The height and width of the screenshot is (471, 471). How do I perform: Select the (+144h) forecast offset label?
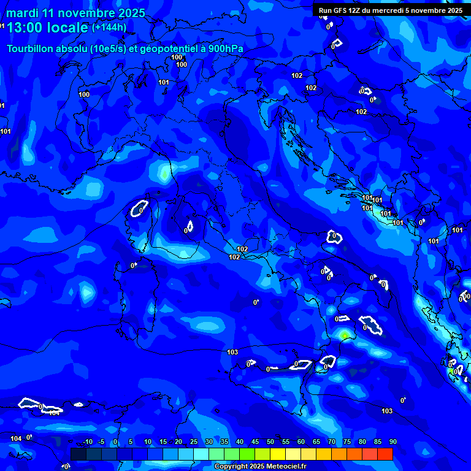[x=109, y=27]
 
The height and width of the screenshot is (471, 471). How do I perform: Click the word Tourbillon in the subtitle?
[x=34, y=48]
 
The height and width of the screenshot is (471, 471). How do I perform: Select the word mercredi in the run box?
[x=391, y=10]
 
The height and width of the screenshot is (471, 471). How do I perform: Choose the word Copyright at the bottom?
[x=231, y=467]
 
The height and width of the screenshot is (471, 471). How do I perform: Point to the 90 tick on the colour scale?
[x=392, y=442]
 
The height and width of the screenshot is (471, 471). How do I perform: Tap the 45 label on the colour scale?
[x=255, y=442]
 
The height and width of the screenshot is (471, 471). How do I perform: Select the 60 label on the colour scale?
[x=301, y=442]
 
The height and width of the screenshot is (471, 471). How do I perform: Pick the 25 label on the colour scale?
[x=194, y=442]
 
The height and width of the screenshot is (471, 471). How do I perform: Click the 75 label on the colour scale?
[x=347, y=442]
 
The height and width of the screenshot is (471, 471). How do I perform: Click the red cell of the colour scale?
[x=385, y=454]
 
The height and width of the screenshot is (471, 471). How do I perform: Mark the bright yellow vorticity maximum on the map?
[x=345, y=335]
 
